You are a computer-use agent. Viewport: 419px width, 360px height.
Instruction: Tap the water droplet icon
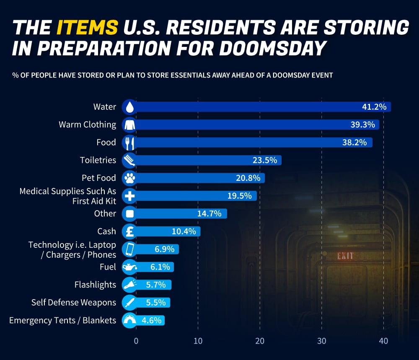pos(129,107)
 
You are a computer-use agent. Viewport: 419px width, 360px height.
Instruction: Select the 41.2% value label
pos(374,107)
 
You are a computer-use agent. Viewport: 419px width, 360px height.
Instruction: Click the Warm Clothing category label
pos(87,124)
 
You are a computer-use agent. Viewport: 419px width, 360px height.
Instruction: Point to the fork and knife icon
pos(129,143)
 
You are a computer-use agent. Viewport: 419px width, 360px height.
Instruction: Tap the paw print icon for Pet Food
pos(129,178)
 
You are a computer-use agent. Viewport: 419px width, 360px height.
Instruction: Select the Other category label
pos(105,213)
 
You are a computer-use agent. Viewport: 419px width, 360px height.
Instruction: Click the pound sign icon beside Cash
pos(129,231)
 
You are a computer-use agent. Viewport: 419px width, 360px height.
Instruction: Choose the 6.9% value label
pos(164,249)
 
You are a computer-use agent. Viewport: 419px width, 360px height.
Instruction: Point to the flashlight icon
pos(129,285)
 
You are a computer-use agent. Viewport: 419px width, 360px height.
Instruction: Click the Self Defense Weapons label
pos(73,302)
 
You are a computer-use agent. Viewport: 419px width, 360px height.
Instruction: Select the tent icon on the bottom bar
pos(129,321)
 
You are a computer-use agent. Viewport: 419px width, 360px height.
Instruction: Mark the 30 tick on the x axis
pos(322,341)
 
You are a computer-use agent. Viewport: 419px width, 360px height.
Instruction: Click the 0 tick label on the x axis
pos(136,341)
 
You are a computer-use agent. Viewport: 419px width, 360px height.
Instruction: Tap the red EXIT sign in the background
pos(345,256)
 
